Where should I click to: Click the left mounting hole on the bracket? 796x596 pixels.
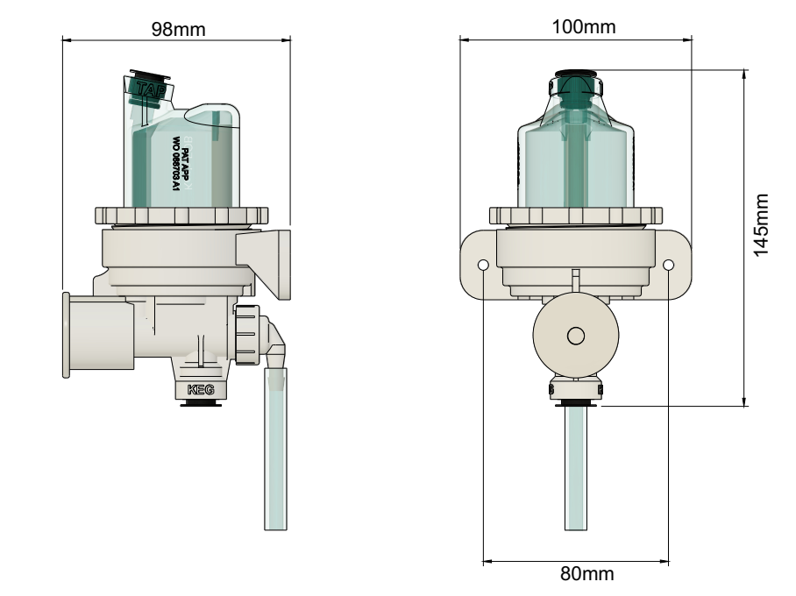(x=483, y=265)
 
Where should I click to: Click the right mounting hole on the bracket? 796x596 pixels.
(x=668, y=265)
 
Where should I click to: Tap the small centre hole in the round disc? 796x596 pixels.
(x=575, y=335)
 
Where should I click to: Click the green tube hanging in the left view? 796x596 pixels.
(x=276, y=456)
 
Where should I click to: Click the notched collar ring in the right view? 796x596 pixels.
(x=575, y=216)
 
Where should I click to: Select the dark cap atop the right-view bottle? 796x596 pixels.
(x=575, y=74)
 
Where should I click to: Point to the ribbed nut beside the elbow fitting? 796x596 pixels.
(x=246, y=334)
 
